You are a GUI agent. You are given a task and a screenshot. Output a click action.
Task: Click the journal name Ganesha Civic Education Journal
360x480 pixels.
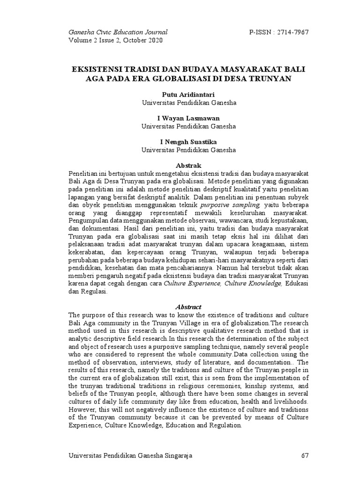pos(118,32)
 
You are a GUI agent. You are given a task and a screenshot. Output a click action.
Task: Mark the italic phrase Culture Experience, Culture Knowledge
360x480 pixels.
pos(223,283)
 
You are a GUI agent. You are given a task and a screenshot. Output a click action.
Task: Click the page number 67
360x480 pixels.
pos(304,455)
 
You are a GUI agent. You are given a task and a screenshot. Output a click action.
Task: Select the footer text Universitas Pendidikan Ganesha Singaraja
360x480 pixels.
pos(130,455)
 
